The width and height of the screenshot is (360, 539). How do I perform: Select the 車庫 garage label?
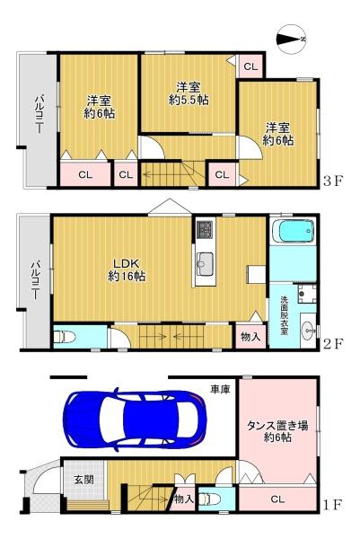(x=220, y=389)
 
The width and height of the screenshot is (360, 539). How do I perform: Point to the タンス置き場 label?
(x=277, y=428)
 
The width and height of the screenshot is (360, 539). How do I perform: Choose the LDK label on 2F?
(x=127, y=262)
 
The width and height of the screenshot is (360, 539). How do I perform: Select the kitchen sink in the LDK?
(x=203, y=264)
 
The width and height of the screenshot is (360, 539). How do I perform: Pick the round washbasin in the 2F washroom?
(x=308, y=328)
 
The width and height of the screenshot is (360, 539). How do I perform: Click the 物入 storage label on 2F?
(x=250, y=337)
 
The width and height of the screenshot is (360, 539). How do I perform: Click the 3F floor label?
(x=333, y=181)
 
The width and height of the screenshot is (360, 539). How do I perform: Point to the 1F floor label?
(x=333, y=505)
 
